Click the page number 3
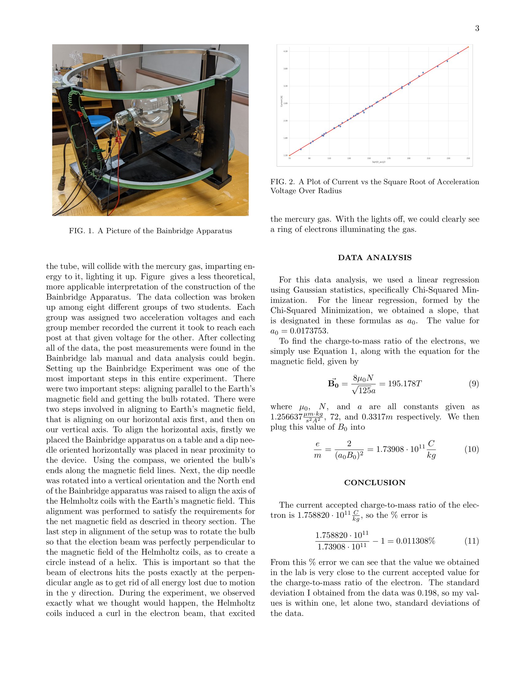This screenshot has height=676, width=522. [477, 29]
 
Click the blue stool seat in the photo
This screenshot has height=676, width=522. [99, 120]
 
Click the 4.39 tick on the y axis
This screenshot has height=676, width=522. [286, 51]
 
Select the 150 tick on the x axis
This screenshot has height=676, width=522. [369, 159]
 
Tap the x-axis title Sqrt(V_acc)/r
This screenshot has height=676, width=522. [379, 162]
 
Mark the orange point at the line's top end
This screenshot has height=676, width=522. [468, 47]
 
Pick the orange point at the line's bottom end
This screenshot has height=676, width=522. [290, 155]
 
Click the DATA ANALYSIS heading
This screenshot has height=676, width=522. [375, 257]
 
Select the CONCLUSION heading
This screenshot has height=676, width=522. [375, 482]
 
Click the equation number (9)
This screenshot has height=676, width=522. [474, 384]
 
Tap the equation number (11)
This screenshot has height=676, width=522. [472, 541]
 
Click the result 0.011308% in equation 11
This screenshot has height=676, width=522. [416, 541]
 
